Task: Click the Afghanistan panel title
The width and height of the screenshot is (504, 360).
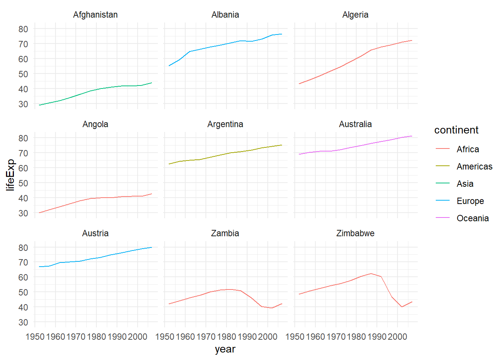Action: coord(95,15)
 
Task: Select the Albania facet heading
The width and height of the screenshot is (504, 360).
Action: coord(225,15)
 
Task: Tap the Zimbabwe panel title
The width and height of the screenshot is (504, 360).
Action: coord(355,233)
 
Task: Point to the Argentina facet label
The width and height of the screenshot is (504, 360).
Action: coord(225,124)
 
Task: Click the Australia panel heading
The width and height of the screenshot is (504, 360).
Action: coord(355,124)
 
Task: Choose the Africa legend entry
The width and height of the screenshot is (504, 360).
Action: coord(468,149)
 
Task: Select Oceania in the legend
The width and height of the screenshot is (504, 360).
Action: coord(472,218)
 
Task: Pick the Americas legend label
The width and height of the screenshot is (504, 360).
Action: coord(474,166)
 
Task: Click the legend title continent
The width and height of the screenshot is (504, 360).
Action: coord(456,130)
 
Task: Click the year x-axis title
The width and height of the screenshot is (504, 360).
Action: coord(225,349)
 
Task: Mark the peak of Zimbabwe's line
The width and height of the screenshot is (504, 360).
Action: coord(371,274)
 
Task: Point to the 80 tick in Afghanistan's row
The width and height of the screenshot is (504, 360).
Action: coord(23,29)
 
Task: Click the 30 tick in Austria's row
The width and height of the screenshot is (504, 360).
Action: coord(23,322)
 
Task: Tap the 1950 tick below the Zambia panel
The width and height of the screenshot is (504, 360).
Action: coord(165,337)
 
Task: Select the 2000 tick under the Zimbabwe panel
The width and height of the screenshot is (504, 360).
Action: coord(397,337)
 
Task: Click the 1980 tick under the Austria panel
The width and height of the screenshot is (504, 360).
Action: coord(96,337)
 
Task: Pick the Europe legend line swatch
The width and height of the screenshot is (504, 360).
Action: coord(442,201)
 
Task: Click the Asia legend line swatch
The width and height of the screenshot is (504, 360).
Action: coord(442,184)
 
